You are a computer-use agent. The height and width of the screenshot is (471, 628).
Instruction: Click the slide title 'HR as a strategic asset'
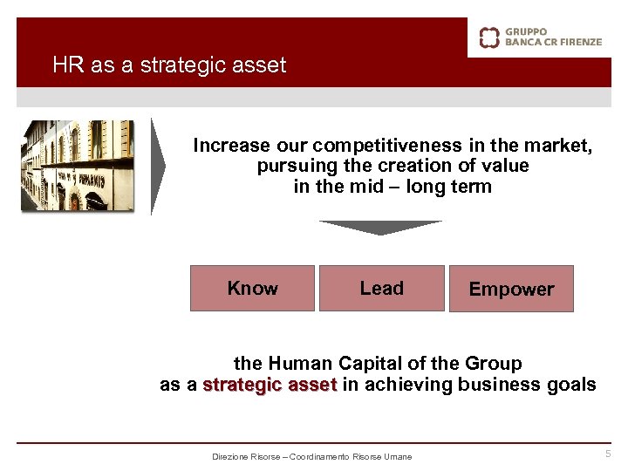coord(169,65)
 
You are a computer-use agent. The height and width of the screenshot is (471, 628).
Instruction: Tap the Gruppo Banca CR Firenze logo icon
coord(489,37)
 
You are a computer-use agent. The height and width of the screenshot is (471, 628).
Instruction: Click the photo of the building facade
coord(78,166)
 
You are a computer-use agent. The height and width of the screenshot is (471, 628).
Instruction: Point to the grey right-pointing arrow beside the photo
coord(157,166)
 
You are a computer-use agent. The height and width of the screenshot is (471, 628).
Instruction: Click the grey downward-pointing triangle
coord(380,228)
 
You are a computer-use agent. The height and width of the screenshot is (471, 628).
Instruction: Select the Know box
coord(252,289)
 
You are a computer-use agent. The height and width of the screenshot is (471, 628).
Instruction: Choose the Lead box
coord(382,289)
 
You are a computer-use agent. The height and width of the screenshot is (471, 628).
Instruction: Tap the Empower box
coord(511,290)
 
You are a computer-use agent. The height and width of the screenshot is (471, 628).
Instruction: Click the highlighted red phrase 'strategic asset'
coord(270,385)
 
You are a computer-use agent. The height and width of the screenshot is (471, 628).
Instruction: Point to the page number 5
coord(609,454)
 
